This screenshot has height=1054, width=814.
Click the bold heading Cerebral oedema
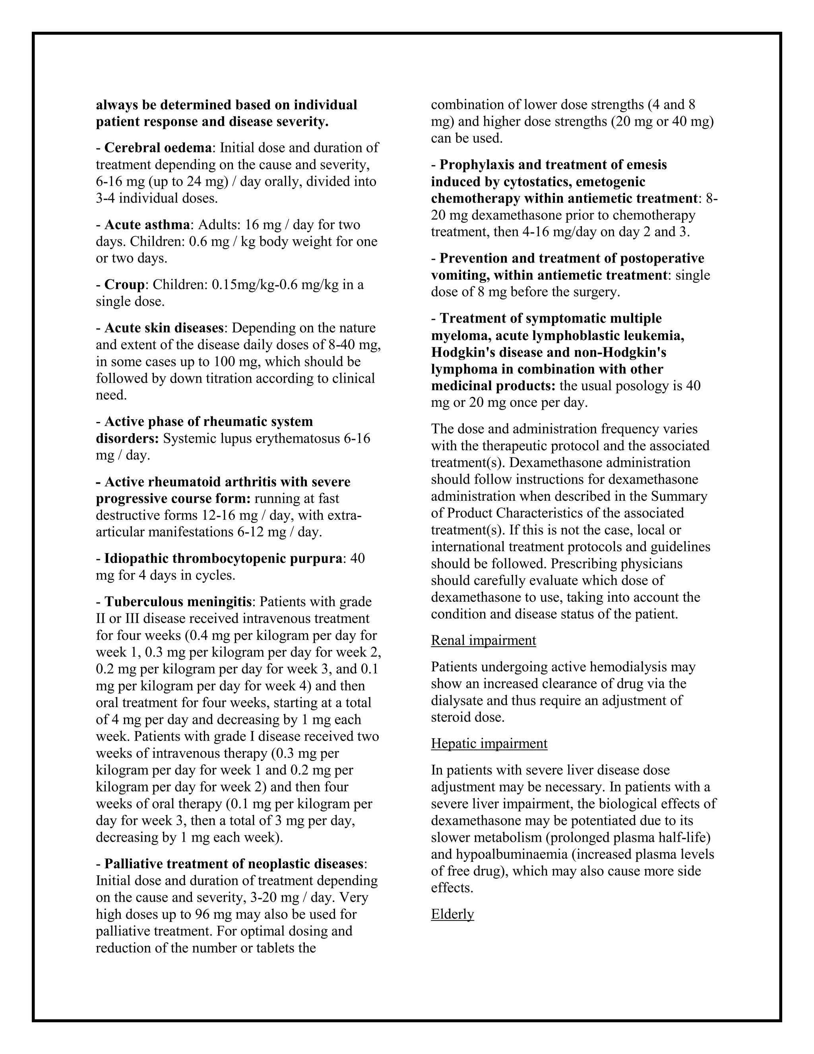tap(158, 148)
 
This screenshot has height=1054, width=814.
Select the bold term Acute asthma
tap(147, 225)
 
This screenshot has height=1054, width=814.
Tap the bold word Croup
tap(124, 285)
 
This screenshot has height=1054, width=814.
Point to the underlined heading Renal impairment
tap(483, 640)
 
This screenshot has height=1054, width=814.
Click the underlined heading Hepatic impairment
tap(489, 744)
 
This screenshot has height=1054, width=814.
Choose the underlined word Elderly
tap(452, 914)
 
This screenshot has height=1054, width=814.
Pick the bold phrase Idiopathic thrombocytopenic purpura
tap(223, 559)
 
